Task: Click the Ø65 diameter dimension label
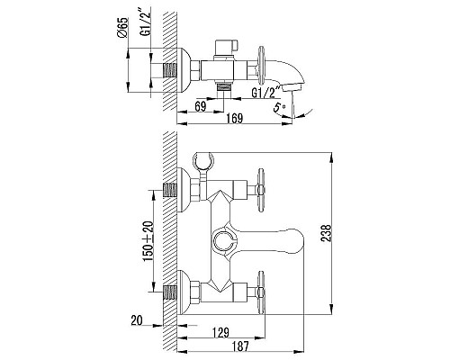pyautogui.click(x=122, y=28)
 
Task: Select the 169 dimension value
pyautogui.click(x=234, y=119)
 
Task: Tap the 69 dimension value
pyautogui.click(x=201, y=107)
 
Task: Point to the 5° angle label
pyautogui.click(x=279, y=107)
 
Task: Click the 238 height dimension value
pyautogui.click(x=326, y=233)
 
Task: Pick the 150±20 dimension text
pyautogui.click(x=148, y=241)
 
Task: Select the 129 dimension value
pyautogui.click(x=220, y=332)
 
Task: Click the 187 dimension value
pyautogui.click(x=240, y=346)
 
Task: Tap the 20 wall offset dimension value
pyautogui.click(x=137, y=320)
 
